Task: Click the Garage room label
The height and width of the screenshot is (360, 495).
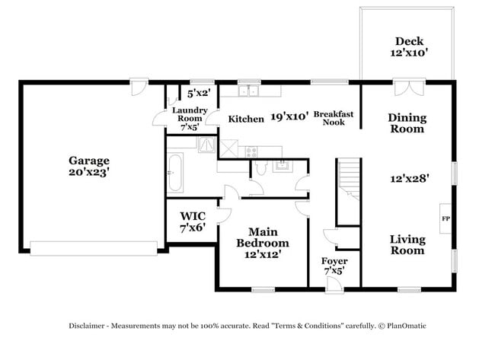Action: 89,166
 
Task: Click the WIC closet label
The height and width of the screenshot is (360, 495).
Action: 193,221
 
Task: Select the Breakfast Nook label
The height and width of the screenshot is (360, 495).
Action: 334,117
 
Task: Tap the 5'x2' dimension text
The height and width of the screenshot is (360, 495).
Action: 198,94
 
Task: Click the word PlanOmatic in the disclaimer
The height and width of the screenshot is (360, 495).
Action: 404,326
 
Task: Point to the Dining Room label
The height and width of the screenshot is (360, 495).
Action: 407,123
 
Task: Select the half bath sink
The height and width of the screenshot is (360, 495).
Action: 280,164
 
